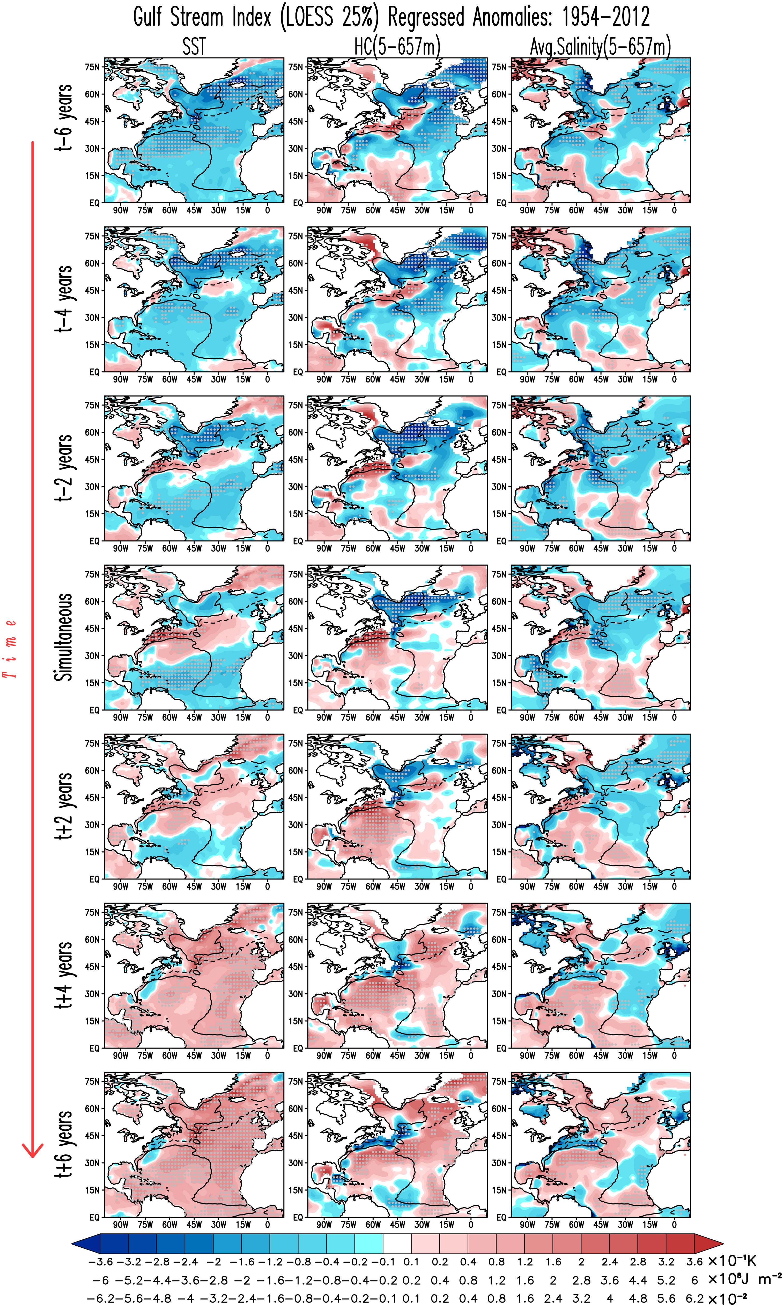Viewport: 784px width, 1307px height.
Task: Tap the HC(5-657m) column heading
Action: (397, 47)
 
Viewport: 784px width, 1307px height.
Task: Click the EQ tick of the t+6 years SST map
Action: (94, 1217)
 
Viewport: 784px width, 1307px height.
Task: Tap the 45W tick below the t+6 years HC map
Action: (397, 1224)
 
